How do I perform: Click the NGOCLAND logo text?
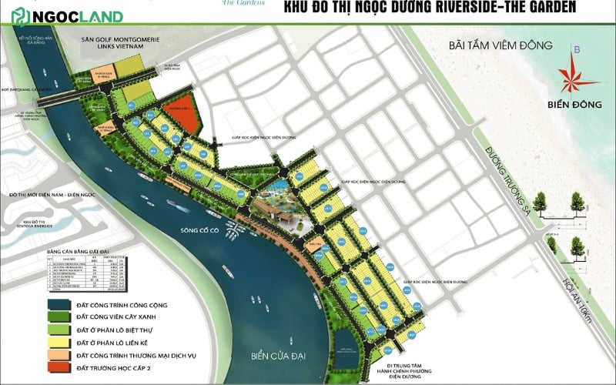(x=73, y=15)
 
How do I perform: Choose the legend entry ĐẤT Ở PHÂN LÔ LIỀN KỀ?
(x=95, y=341)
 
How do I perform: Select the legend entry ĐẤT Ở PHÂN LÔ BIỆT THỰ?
(x=95, y=328)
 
